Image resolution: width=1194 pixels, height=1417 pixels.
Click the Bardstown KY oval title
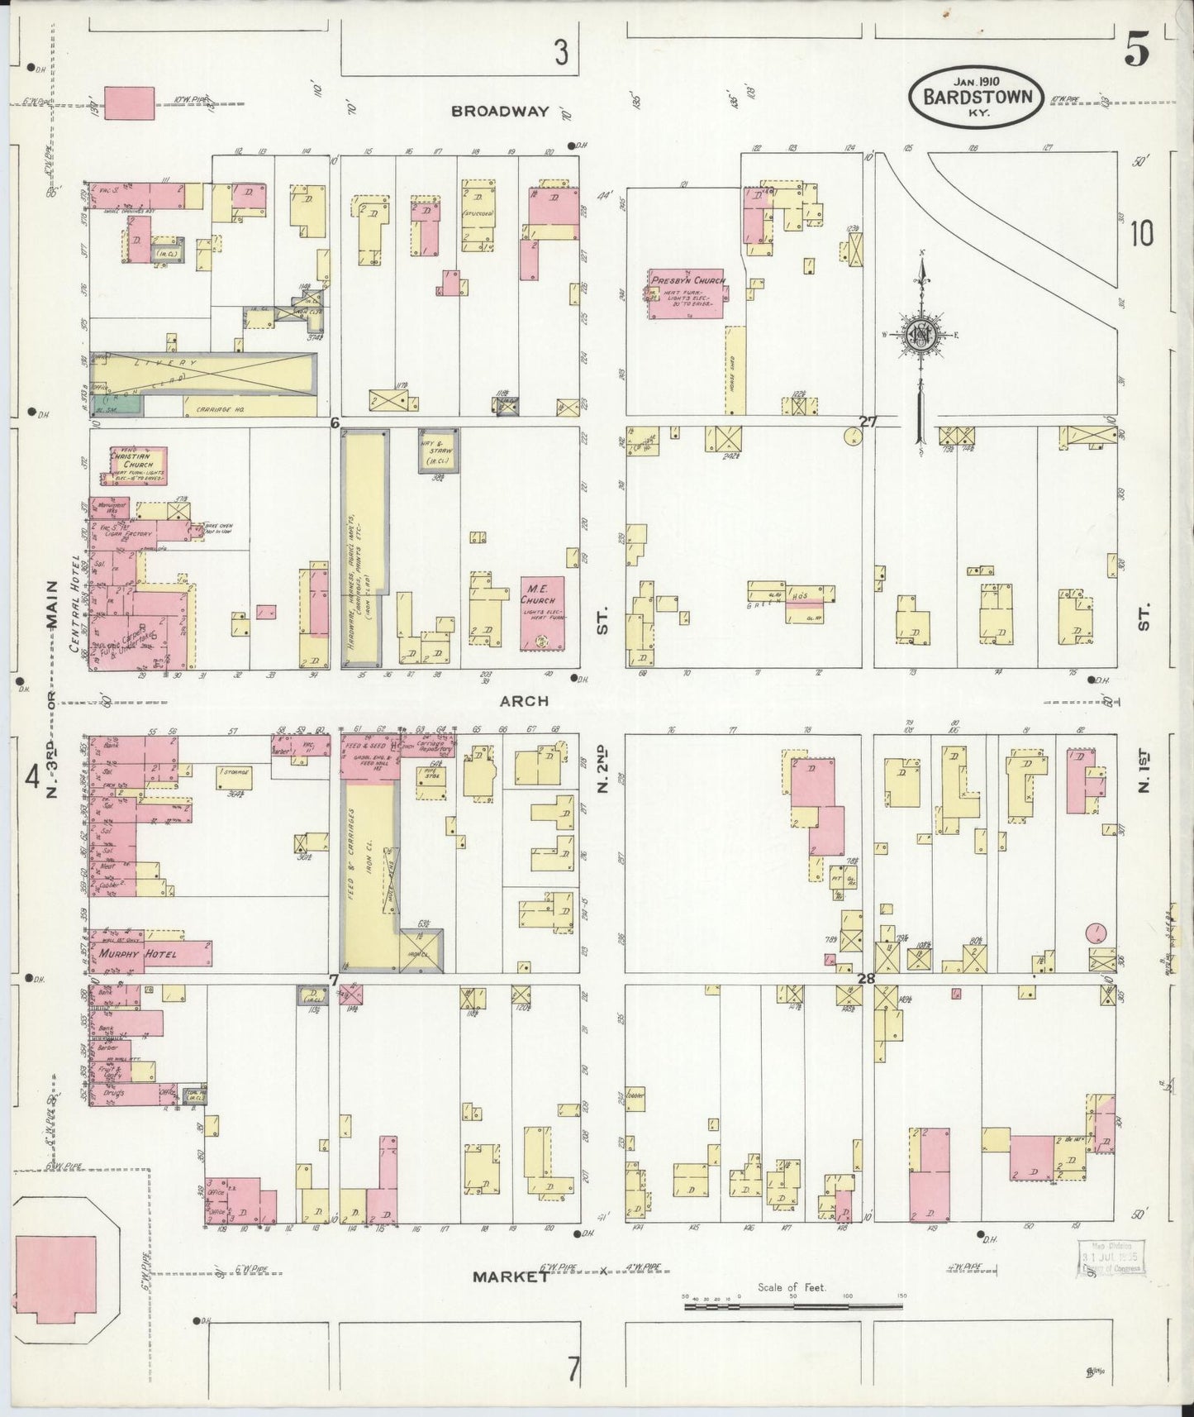(976, 98)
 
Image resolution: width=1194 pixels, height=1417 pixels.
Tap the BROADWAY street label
(500, 111)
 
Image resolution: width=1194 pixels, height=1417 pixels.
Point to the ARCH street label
(524, 701)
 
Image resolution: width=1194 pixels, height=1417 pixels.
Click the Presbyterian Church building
(687, 293)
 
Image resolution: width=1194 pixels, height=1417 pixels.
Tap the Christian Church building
(135, 465)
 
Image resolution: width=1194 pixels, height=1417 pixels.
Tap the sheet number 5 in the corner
(1136, 52)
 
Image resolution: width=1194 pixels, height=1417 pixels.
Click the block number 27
(867, 422)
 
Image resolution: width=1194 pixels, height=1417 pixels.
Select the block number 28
(866, 979)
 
